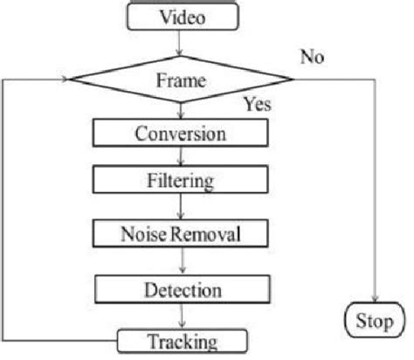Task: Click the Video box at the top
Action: (182, 17)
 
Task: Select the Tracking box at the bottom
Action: (182, 340)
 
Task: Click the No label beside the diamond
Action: (312, 57)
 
